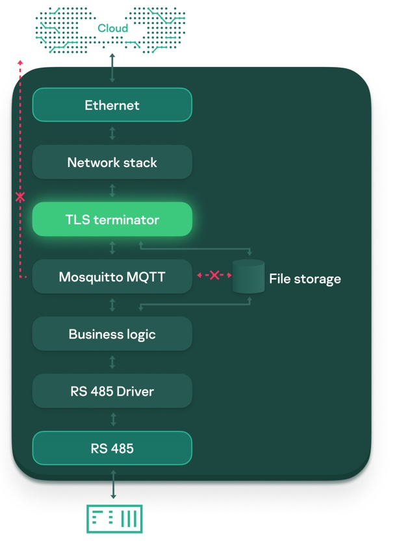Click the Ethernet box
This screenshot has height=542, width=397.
[112, 105]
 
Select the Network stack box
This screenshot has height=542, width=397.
[112, 162]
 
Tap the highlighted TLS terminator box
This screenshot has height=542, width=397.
[112, 220]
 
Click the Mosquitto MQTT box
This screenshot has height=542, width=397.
[112, 277]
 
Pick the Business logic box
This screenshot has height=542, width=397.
[112, 334]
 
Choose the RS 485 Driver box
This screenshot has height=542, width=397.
[112, 391]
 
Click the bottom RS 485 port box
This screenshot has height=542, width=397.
[112, 448]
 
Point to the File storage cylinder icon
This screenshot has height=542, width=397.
[248, 277]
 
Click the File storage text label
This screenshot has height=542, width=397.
[305, 279]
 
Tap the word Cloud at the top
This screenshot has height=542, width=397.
[112, 28]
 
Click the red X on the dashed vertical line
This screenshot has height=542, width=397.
[20, 196]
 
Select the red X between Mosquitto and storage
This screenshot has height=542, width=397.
[214, 276]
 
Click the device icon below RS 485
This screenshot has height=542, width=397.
[114, 518]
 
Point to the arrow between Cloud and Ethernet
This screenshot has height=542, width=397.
[112, 68]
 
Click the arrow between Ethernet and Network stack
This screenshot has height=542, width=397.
[112, 133]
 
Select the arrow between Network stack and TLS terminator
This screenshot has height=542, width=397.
[112, 190]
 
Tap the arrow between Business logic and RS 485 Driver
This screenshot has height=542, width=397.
[112, 362]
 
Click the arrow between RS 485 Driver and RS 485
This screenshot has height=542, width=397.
[112, 419]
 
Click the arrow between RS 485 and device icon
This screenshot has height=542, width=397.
[113, 485]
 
